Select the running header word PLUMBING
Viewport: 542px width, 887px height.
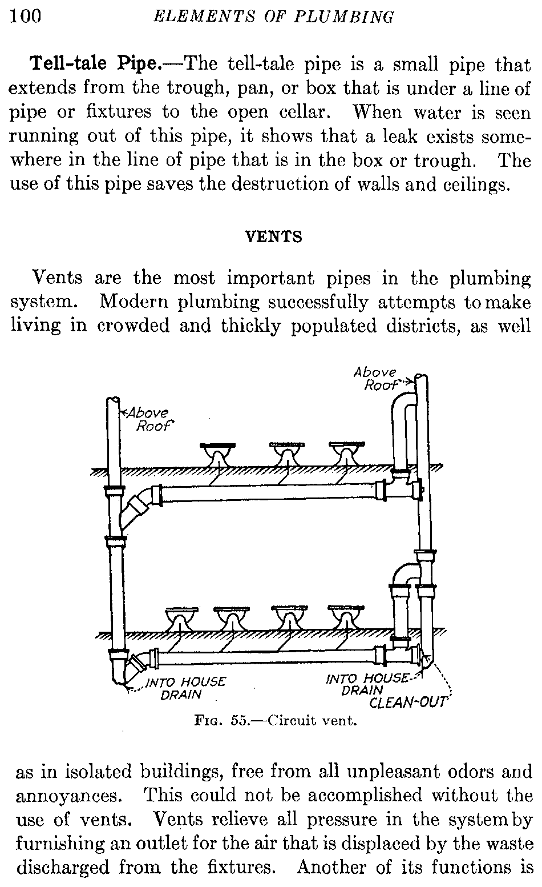click(350, 17)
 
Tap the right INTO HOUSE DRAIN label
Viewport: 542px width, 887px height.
click(367, 684)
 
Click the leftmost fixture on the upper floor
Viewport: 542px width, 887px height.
click(217, 455)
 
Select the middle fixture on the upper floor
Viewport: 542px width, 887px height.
click(286, 455)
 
